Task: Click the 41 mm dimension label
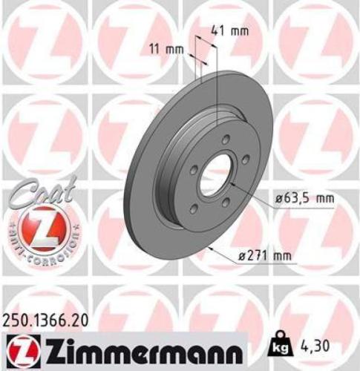click(x=229, y=32)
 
